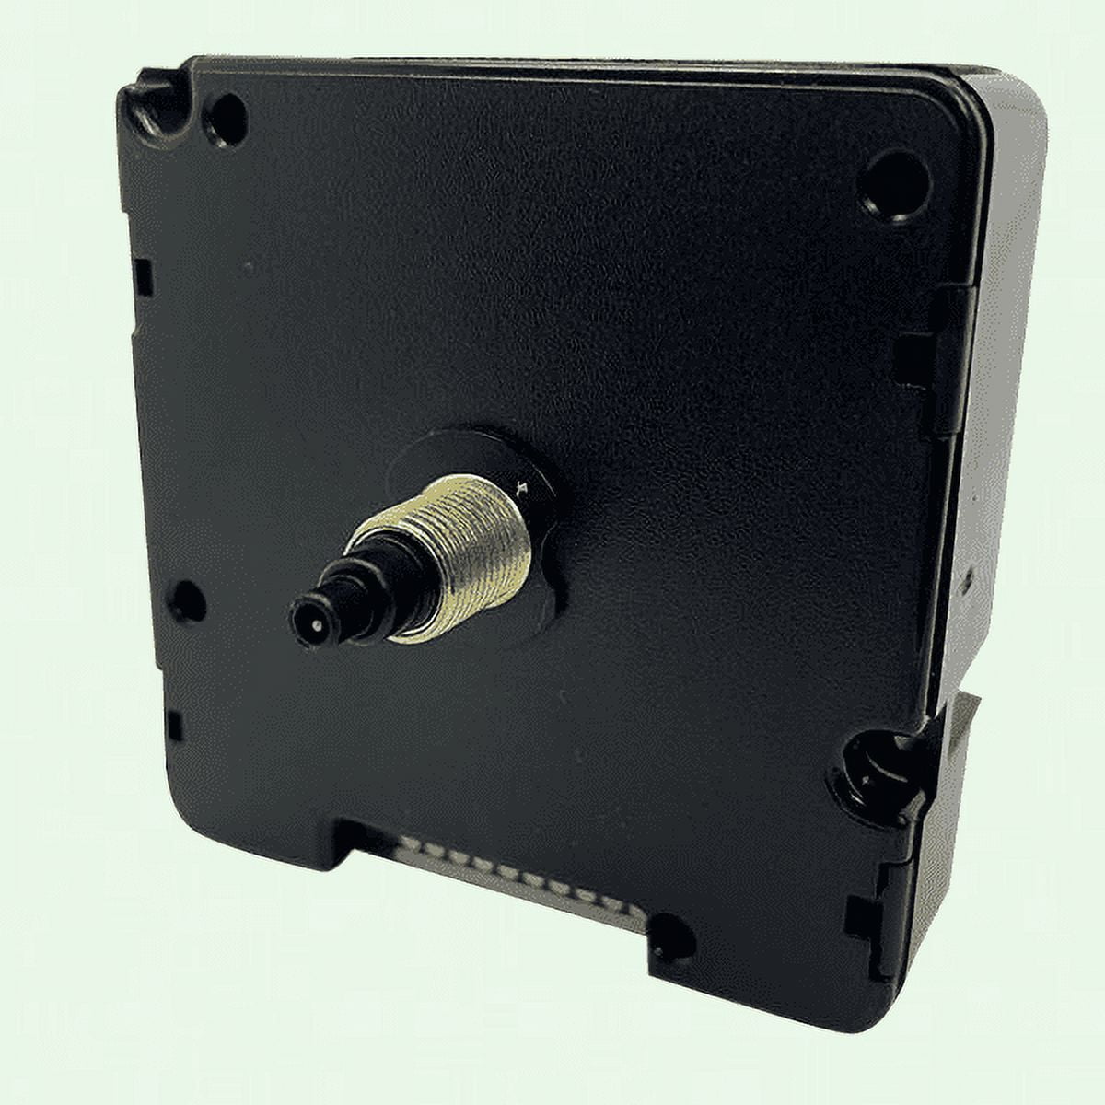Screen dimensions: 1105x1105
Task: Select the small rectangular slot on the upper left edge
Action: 143,276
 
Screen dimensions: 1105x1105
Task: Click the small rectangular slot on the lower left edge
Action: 173,726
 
